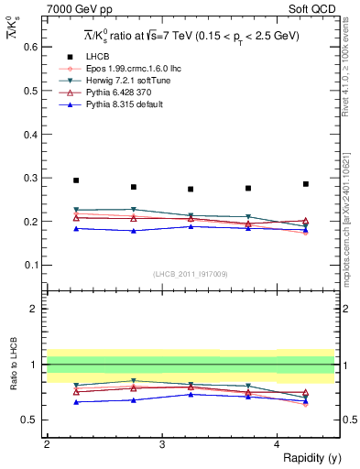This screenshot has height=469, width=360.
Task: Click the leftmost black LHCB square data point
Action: (76, 180)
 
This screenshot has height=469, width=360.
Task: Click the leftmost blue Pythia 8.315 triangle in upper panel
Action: (76, 228)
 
